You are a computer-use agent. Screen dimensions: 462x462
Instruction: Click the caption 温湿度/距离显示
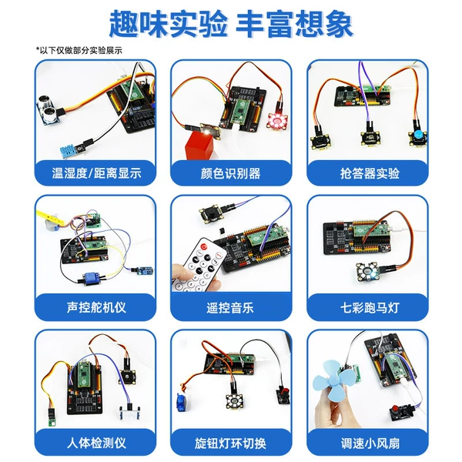click(x=96, y=173)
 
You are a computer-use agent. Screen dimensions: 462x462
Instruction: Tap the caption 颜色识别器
click(x=231, y=173)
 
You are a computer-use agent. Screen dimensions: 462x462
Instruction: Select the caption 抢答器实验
click(x=370, y=173)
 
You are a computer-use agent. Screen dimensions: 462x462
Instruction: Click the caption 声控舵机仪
click(x=96, y=307)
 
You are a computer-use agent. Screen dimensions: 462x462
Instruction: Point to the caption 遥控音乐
click(x=230, y=308)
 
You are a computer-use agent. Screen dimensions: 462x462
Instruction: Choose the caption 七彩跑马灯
click(x=370, y=308)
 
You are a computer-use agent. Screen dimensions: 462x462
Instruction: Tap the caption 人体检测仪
click(x=96, y=443)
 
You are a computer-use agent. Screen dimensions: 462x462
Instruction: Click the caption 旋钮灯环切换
click(x=230, y=444)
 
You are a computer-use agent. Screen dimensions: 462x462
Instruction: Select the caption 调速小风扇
click(x=370, y=444)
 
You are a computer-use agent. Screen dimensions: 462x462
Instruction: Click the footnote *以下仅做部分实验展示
click(x=79, y=50)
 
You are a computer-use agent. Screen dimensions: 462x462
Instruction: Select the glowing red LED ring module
click(x=276, y=121)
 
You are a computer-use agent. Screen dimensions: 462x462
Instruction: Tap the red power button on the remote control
click(x=204, y=246)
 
